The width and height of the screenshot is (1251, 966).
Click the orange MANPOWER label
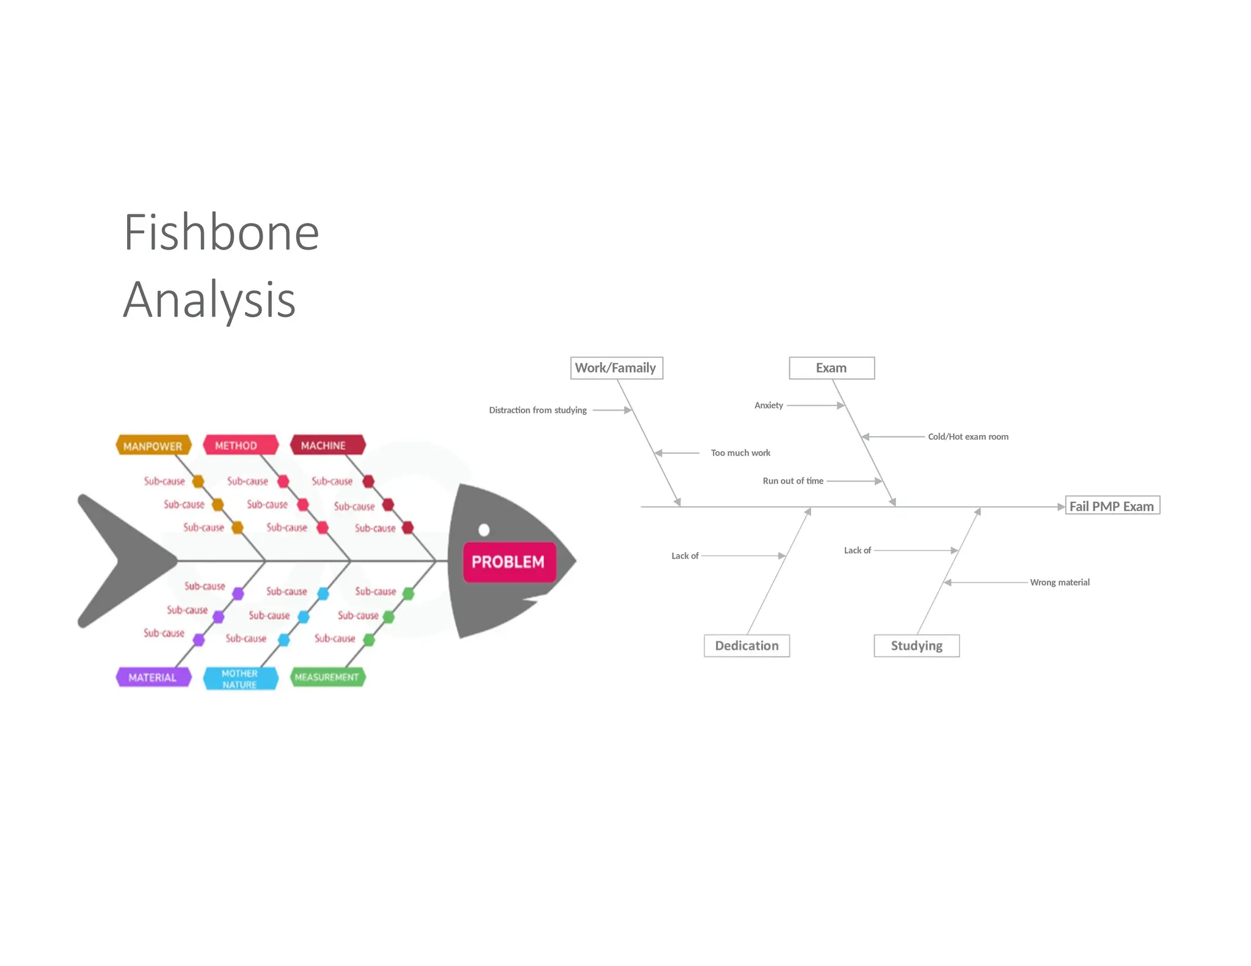(153, 446)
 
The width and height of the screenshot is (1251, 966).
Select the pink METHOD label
(240, 445)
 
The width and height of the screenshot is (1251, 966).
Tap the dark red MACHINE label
(327, 445)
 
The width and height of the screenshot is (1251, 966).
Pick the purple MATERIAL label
(153, 677)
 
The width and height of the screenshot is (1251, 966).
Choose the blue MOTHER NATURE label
(240, 678)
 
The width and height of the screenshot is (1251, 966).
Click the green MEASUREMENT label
(327, 677)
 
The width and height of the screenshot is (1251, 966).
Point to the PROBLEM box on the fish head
(509, 562)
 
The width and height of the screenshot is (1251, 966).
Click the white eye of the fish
(484, 529)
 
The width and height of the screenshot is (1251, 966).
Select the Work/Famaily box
(616, 368)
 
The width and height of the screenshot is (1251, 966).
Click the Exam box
(831, 368)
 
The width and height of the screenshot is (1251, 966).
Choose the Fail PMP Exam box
(1112, 506)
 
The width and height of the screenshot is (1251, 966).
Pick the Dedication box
(746, 645)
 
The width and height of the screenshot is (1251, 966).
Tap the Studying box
(916, 645)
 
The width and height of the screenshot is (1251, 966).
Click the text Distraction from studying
(538, 410)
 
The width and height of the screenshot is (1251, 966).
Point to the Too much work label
(740, 453)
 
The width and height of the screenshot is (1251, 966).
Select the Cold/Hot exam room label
(968, 437)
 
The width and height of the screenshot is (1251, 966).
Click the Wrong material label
(1060, 583)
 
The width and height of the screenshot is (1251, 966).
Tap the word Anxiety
(768, 405)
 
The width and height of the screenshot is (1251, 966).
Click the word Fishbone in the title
(221, 233)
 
